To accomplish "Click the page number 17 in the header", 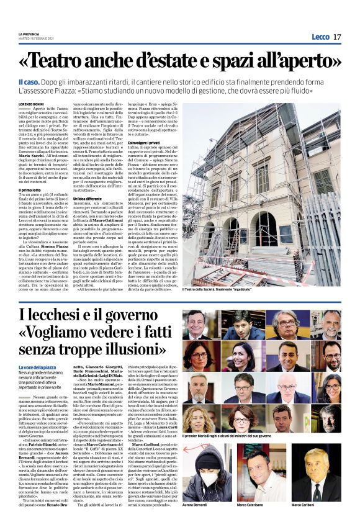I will tap(337, 37).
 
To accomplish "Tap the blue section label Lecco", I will tap(320, 37).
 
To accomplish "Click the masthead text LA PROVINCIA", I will tap(28, 34).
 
